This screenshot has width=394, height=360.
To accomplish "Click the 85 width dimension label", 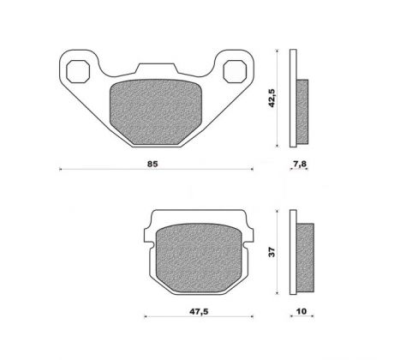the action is click(152, 164).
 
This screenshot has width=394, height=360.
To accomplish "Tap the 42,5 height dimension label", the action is click(272, 98).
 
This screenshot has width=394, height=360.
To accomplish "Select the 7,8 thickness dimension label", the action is click(299, 164).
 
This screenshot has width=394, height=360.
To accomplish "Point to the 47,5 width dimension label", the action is click(199, 311).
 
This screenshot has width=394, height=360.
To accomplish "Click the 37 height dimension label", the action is click(272, 252).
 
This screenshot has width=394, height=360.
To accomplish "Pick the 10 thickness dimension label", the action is click(301, 311).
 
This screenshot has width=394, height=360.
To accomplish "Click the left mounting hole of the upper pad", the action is click(78, 72).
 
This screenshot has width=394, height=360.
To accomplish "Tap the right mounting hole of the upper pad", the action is click(235, 71).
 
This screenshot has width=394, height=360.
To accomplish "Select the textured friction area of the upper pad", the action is click(156, 111).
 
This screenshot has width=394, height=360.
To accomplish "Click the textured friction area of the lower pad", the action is click(199, 258).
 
